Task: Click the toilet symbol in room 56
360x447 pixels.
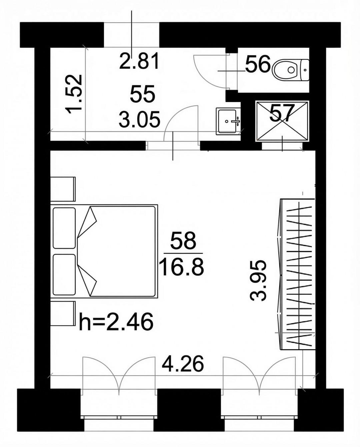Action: click(x=290, y=70)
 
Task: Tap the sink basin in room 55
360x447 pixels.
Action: click(x=228, y=121)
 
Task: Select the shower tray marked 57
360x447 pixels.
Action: click(x=282, y=121)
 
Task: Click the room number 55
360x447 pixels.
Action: click(x=142, y=93)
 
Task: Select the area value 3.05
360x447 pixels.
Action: click(x=139, y=119)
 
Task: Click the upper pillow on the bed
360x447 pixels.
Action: click(x=64, y=228)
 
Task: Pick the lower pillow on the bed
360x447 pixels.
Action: click(x=64, y=275)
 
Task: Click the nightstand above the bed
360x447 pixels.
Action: click(x=63, y=189)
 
